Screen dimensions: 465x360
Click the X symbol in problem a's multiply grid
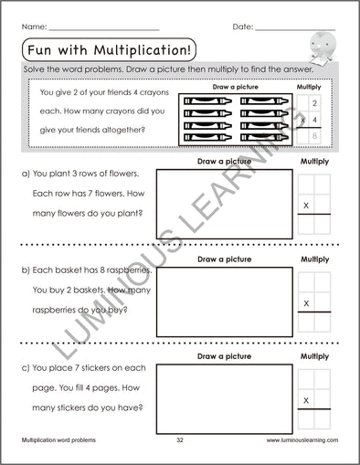305,206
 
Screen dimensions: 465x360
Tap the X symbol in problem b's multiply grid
305,302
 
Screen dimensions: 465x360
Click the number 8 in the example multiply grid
315,136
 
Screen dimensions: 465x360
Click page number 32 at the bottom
180,439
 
